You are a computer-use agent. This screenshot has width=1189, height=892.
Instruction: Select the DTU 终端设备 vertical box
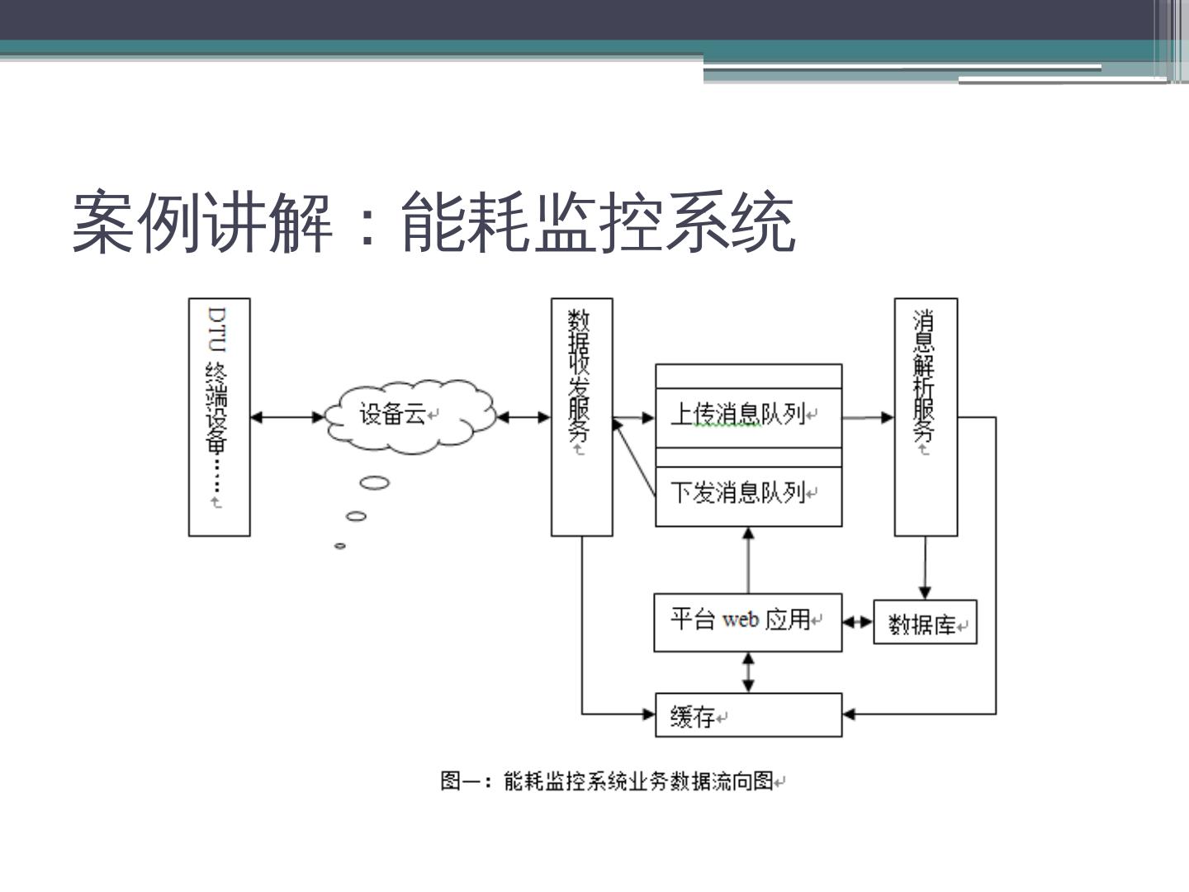(219, 417)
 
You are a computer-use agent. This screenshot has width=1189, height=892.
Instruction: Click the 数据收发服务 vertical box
(581, 417)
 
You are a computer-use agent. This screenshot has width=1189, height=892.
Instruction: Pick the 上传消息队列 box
(748, 415)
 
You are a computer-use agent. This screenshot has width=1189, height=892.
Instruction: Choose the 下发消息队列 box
(748, 494)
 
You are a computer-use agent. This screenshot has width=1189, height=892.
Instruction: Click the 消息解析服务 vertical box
(926, 417)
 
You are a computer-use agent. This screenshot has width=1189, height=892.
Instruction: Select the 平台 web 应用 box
(747, 621)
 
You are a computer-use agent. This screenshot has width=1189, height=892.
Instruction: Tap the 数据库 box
(925, 623)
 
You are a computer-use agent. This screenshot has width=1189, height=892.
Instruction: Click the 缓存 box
(748, 715)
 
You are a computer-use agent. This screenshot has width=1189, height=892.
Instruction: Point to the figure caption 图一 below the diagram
(612, 780)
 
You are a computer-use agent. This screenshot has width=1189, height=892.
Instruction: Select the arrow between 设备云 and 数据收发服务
(523, 417)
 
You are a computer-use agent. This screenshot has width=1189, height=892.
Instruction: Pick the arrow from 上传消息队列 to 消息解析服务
(868, 417)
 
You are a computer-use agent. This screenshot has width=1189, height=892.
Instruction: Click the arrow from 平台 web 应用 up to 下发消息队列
(749, 560)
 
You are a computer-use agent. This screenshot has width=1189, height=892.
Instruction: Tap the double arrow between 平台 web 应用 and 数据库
(858, 622)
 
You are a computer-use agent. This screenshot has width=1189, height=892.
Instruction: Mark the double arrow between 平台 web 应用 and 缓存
(749, 672)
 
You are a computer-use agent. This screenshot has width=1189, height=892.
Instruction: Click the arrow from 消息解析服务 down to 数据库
(925, 568)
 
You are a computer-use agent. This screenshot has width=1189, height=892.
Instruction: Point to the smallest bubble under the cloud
(339, 546)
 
